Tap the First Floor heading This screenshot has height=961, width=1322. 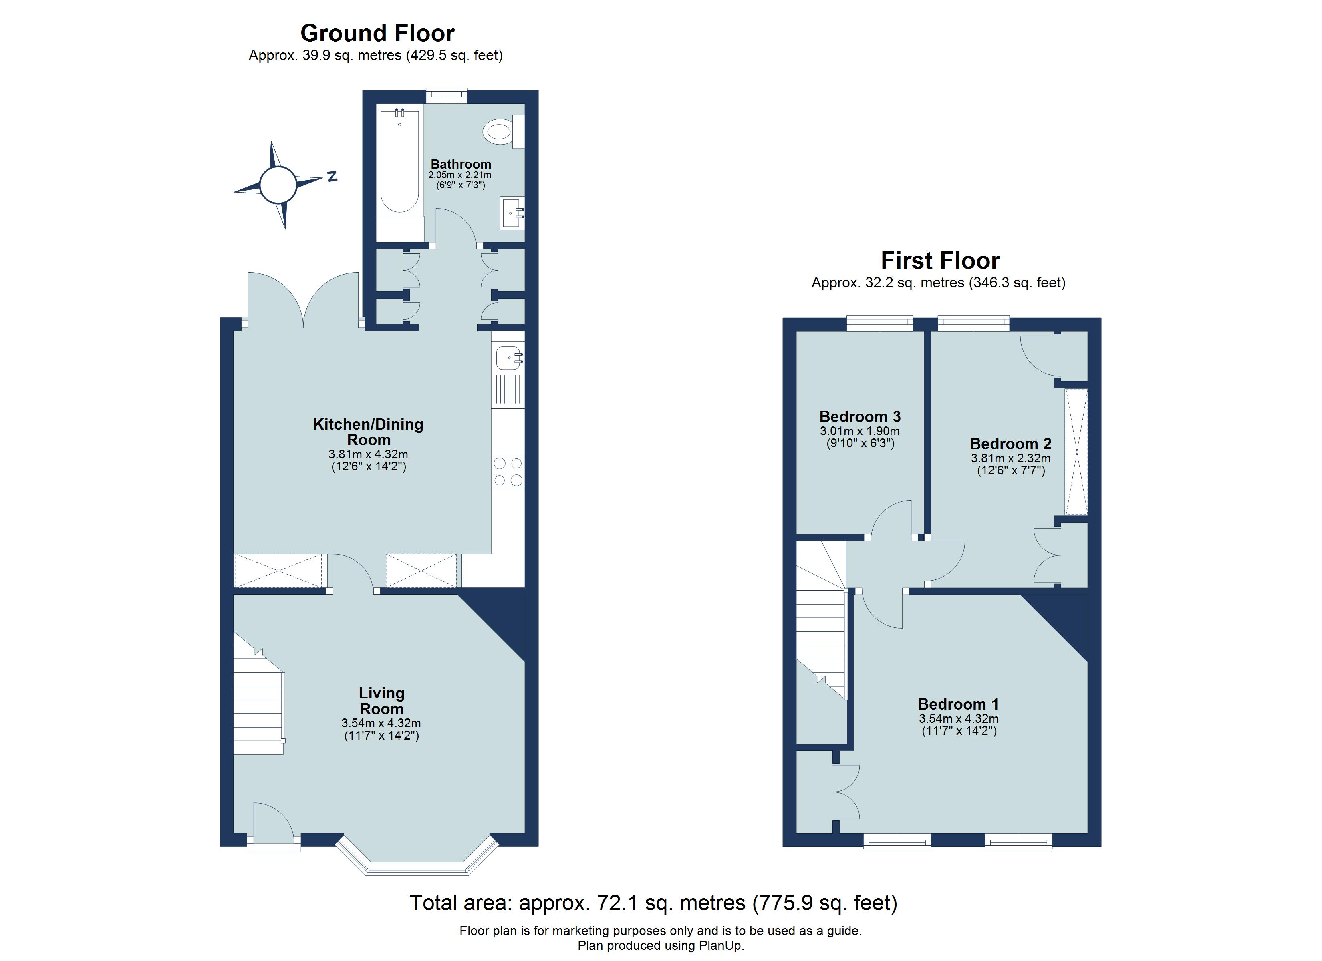tap(940, 261)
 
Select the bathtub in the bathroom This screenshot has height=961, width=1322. tap(399, 160)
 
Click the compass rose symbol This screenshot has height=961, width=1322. tap(278, 184)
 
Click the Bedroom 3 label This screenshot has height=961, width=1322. tap(860, 417)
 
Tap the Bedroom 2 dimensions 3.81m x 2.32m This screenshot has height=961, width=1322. tap(1010, 458)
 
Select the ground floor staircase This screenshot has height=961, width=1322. tap(258, 700)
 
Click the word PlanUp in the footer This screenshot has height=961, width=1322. tap(723, 945)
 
